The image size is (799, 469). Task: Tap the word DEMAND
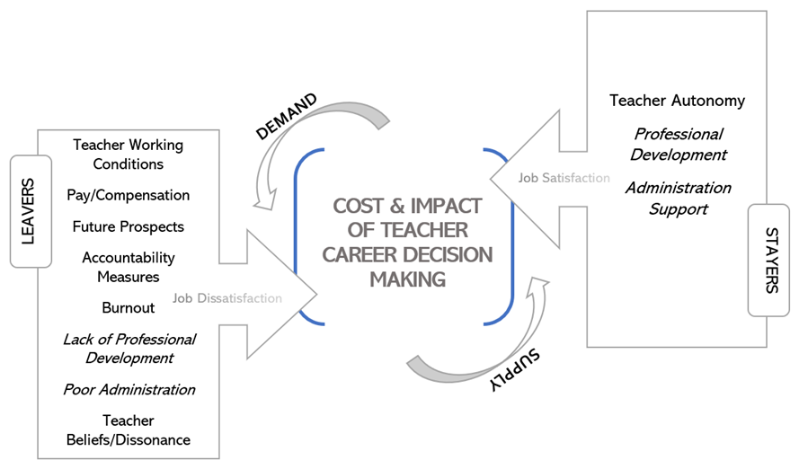click(286, 117)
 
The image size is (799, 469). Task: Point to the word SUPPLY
click(516, 369)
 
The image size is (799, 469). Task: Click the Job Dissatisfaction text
click(227, 298)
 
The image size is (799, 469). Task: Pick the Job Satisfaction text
click(564, 178)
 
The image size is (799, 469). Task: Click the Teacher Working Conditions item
click(129, 154)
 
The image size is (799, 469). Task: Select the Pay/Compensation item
click(129, 195)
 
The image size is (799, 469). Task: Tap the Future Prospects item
click(129, 226)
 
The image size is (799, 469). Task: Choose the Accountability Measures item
click(129, 267)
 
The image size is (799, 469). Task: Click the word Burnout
click(129, 307)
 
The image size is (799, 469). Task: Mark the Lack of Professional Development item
click(129, 349)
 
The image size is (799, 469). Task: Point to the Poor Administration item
click(129, 390)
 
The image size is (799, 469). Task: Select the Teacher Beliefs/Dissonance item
click(129, 430)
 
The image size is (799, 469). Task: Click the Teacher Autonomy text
click(677, 101)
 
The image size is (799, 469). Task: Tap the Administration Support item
click(678, 199)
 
